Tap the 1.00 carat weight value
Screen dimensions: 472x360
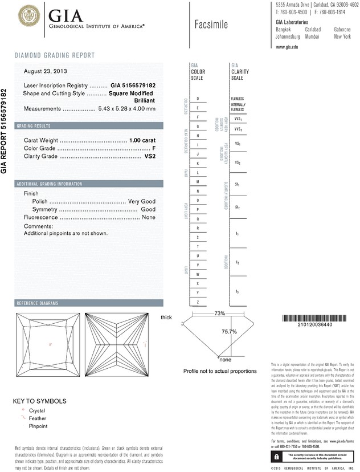pyautogui.click(x=142, y=140)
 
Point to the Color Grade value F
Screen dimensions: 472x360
pyautogui.click(x=154, y=148)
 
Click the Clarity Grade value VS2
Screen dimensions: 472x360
pyautogui.click(x=150, y=156)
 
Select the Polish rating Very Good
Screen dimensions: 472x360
pyautogui.click(x=142, y=202)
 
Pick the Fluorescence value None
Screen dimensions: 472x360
pyautogui.click(x=149, y=218)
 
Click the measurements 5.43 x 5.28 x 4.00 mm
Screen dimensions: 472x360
pyautogui.click(x=126, y=108)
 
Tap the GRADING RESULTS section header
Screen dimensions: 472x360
pyautogui.click(x=34, y=125)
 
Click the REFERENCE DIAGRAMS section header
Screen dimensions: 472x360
pyautogui.click(x=38, y=303)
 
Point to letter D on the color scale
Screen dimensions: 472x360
pyautogui.click(x=197, y=99)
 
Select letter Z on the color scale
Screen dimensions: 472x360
pyautogui.click(x=197, y=302)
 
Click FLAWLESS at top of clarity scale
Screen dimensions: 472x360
pyautogui.click(x=238, y=99)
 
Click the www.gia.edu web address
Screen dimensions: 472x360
pyautogui.click(x=287, y=47)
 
